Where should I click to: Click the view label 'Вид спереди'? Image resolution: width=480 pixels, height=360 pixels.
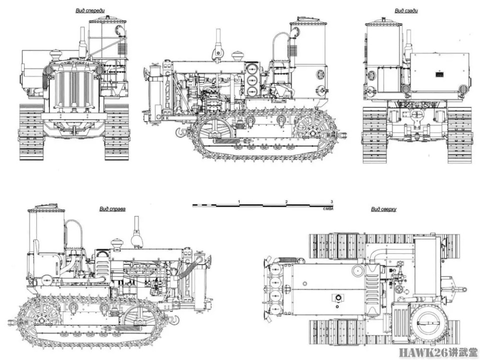[x=90, y=10]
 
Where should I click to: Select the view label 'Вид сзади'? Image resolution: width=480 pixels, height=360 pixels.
[x=406, y=11]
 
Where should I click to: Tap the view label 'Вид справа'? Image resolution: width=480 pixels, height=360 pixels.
[x=112, y=209]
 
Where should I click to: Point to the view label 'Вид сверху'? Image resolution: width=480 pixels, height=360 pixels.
[x=383, y=209]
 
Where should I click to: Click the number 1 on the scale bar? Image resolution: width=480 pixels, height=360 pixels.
[x=239, y=201]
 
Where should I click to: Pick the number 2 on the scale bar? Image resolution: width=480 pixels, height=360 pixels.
[x=286, y=201]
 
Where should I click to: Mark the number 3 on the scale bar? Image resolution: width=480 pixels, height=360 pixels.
[x=331, y=201]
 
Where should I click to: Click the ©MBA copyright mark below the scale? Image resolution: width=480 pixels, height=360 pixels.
[x=327, y=209]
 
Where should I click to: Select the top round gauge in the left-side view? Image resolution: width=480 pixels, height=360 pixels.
[x=252, y=69]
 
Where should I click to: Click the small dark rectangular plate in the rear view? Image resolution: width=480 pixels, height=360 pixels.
[x=439, y=74]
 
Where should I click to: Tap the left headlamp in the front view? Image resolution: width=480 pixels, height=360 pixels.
[x=48, y=69]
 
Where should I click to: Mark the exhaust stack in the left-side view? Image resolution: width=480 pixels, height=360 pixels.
[x=218, y=43]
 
